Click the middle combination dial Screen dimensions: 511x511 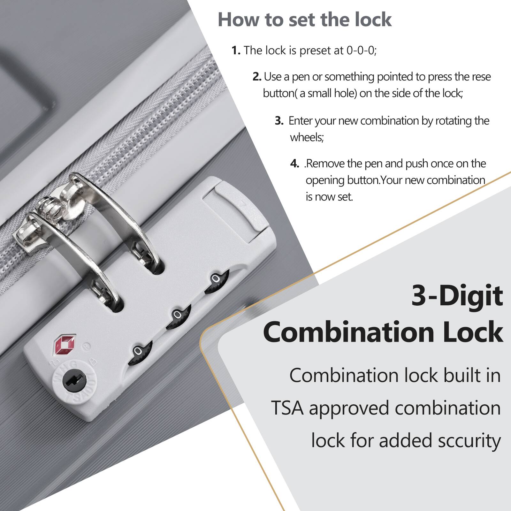[x=178, y=316]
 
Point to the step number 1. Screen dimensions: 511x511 [x=236, y=50]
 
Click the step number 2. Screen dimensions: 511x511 [x=257, y=77]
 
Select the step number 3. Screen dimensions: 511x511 [x=279, y=121]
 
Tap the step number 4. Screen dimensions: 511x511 [x=294, y=164]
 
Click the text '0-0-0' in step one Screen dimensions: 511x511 [x=361, y=50]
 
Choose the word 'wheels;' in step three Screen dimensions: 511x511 [x=307, y=137]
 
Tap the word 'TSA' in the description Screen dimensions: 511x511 [x=287, y=408]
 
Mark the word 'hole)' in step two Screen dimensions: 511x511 [x=345, y=93]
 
